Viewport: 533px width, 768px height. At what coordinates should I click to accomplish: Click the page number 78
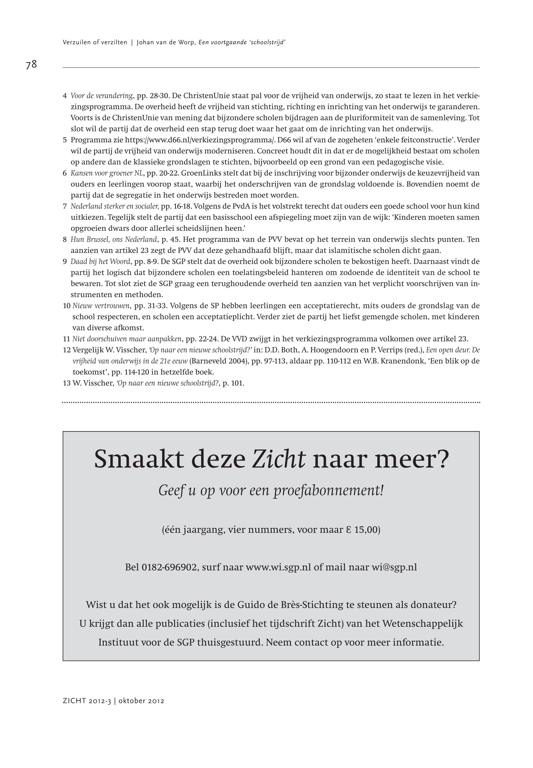pyautogui.click(x=31, y=64)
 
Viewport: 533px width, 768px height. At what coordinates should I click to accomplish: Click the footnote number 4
pyautogui.click(x=65, y=96)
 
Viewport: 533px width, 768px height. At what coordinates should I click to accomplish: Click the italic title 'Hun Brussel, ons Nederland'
pyautogui.click(x=114, y=239)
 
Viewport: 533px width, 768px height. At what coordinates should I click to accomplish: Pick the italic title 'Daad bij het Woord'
pyautogui.click(x=100, y=261)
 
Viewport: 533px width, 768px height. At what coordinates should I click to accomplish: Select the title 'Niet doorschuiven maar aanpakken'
pyautogui.click(x=127, y=339)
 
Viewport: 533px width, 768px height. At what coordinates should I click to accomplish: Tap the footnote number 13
pyautogui.click(x=66, y=383)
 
